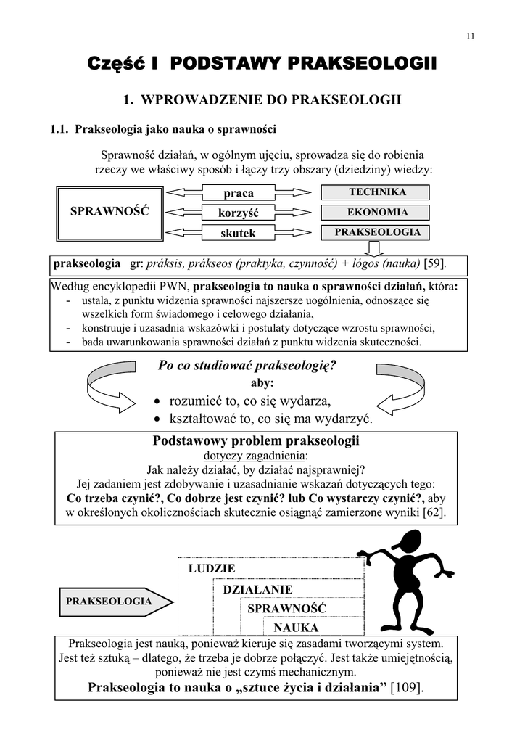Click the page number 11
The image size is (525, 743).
coord(470,38)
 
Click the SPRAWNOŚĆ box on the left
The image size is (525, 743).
coord(109,211)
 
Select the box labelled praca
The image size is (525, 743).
coord(239,193)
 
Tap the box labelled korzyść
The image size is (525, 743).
coord(239,213)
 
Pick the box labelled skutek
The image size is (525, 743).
coord(239,233)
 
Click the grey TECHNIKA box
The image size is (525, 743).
coord(375,192)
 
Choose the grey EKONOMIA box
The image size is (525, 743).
coord(375,213)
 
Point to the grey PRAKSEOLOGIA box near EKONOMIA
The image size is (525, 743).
coord(375,233)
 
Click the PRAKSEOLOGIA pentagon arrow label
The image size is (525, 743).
coord(109,602)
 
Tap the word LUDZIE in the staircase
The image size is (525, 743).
coord(212,569)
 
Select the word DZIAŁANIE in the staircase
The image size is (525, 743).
coord(258,589)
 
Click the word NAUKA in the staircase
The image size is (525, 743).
coord(295,627)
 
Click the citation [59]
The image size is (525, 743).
coord(434,263)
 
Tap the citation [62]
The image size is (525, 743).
coord(434,513)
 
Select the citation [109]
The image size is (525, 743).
coord(407,687)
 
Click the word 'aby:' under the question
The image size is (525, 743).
coord(262,382)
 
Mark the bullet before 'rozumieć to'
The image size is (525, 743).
coord(159,401)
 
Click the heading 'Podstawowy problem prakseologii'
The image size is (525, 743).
coord(257,440)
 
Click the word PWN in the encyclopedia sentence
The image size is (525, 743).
coord(175,286)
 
